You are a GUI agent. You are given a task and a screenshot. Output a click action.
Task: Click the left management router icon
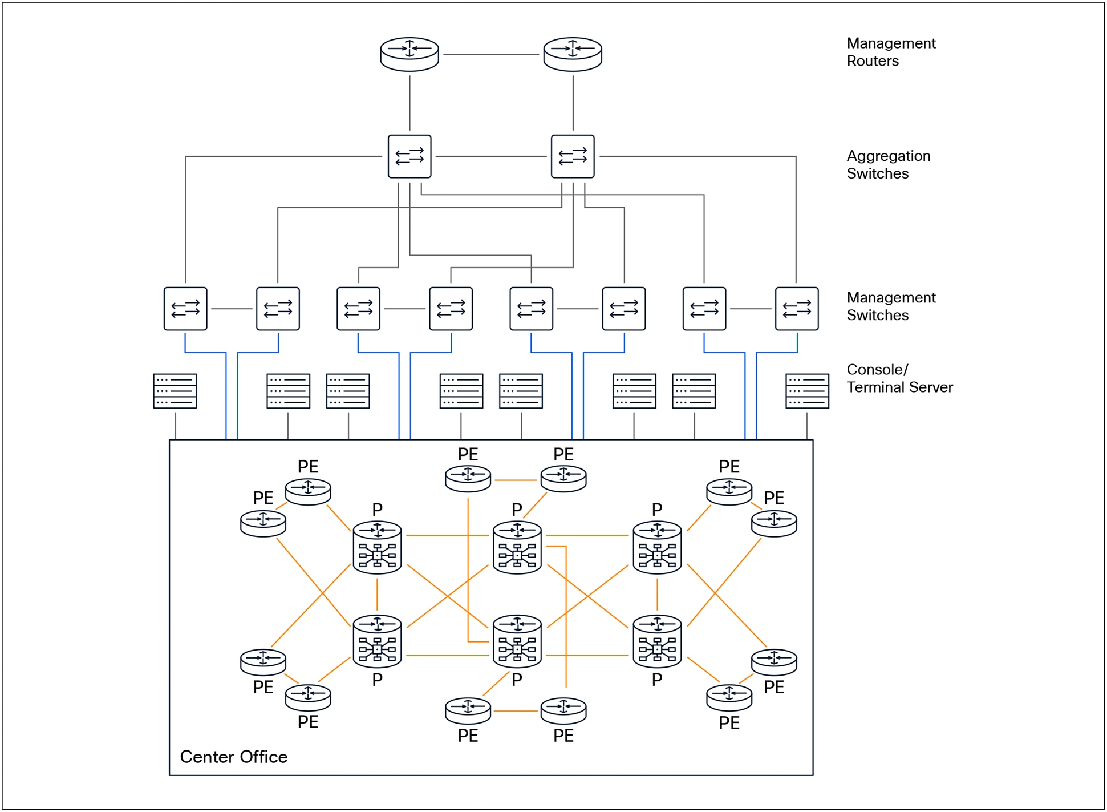pyautogui.click(x=409, y=54)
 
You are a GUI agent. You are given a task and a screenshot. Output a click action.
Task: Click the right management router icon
pyautogui.click(x=573, y=54)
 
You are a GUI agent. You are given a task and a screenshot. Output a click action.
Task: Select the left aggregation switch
pyautogui.click(x=409, y=156)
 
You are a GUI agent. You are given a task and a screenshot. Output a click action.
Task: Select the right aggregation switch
pyautogui.click(x=573, y=156)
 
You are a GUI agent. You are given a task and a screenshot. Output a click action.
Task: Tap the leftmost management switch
pyautogui.click(x=185, y=309)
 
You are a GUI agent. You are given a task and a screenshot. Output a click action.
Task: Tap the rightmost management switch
pyautogui.click(x=797, y=309)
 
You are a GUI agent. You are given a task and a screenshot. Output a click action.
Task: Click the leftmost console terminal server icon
pyautogui.click(x=175, y=391)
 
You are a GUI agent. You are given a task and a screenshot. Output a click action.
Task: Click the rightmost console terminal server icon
pyautogui.click(x=807, y=391)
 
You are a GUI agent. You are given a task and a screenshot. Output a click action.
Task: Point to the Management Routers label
pyautogui.click(x=890, y=52)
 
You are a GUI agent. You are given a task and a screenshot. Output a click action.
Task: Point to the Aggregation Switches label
pyautogui.click(x=888, y=165)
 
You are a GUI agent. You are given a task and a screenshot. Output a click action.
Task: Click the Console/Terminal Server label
pyautogui.click(x=899, y=378)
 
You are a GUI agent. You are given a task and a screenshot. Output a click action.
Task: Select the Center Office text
pyautogui.click(x=234, y=757)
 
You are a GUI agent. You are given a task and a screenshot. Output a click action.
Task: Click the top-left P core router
pyautogui.click(x=377, y=547)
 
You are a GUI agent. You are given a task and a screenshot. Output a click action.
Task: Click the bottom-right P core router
pyautogui.click(x=657, y=641)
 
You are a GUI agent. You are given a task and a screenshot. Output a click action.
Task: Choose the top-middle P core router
pyautogui.click(x=517, y=547)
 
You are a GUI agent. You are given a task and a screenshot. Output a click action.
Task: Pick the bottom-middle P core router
pyautogui.click(x=517, y=641)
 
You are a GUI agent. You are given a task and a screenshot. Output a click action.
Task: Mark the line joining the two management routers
pyautogui.click(x=491, y=55)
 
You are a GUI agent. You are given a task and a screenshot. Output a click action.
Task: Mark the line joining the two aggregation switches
pyautogui.click(x=491, y=156)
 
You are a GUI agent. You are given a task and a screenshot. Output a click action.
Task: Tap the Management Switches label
pyautogui.click(x=890, y=306)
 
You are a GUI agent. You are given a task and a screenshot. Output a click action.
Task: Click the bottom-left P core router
pyautogui.click(x=377, y=641)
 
